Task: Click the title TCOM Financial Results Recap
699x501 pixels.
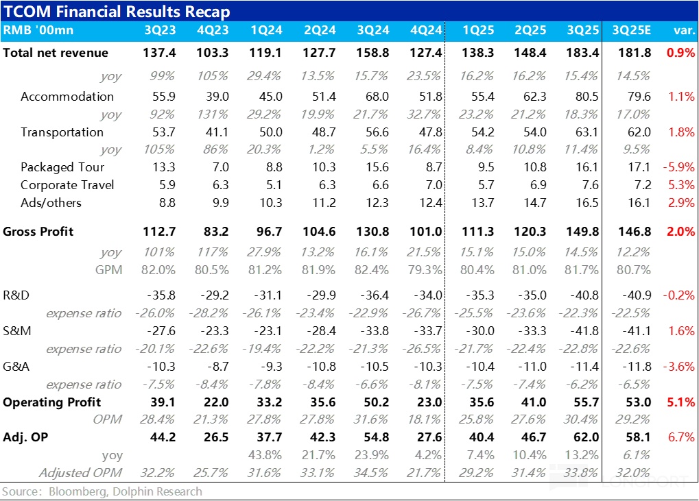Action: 117,12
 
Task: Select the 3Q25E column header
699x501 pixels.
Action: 631,30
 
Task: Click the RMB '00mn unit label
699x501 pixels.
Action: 38,30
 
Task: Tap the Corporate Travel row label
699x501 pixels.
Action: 67,185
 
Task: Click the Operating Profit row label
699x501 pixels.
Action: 52,402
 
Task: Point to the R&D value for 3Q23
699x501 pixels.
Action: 161,295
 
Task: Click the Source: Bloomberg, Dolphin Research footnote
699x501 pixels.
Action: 102,491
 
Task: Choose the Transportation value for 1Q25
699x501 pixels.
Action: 479,132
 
